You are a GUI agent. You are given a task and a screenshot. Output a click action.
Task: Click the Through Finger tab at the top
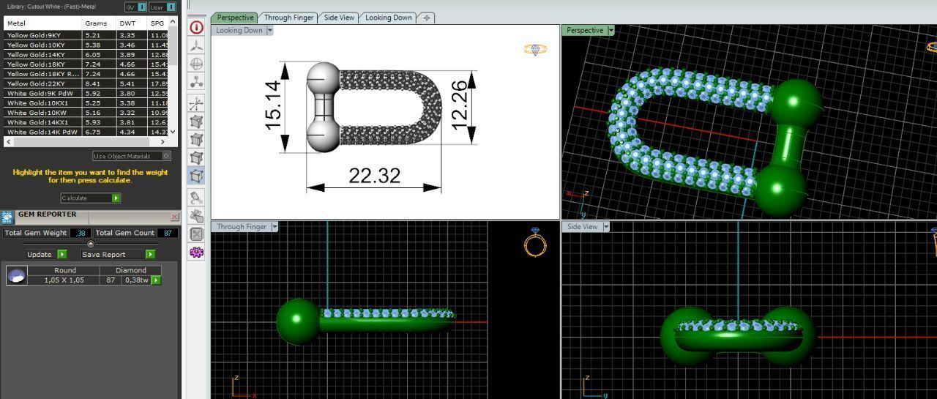[x=288, y=18]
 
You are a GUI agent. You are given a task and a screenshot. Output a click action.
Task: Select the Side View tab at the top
[x=339, y=18]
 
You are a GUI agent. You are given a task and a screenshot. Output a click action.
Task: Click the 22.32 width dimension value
[x=374, y=176]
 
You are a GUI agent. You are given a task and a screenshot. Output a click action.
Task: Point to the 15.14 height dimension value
[x=273, y=105]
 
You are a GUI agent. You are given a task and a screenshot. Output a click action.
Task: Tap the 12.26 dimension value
[x=459, y=105]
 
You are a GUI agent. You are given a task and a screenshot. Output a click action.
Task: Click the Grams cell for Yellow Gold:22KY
[x=93, y=83]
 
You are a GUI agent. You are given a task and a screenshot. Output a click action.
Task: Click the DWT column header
[x=128, y=23]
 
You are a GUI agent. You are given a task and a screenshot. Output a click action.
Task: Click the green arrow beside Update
[x=61, y=255]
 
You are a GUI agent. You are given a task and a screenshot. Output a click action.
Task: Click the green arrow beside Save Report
[x=150, y=255]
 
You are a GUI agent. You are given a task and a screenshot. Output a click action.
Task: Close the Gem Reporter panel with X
[x=174, y=217]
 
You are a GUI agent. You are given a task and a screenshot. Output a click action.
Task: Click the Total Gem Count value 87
[x=168, y=233]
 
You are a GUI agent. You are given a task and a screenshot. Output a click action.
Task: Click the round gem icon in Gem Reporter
[x=16, y=275]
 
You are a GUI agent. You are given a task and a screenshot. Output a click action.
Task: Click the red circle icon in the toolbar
[x=196, y=28]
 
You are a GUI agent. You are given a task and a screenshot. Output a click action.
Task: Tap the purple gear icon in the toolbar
[x=196, y=253]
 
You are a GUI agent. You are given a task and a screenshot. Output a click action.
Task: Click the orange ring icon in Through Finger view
[x=535, y=242]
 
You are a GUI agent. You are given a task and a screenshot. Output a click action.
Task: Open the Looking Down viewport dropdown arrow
[x=270, y=31]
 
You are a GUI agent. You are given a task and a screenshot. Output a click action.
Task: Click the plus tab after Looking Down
[x=427, y=18]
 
